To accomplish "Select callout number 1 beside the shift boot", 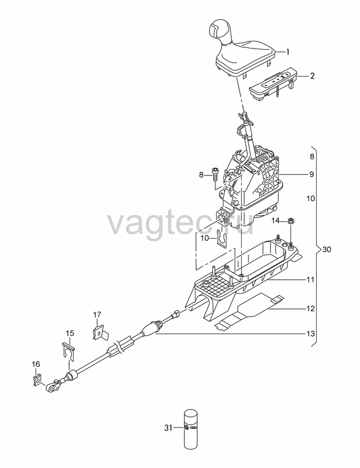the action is point(287,52).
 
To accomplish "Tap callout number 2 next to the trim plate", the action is point(312,76).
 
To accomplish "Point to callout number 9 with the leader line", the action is point(311,174).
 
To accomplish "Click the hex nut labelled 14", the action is point(290,221).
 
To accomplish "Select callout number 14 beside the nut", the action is point(276,221).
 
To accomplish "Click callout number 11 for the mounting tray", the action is point(311,280).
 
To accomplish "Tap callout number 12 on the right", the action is point(311,308).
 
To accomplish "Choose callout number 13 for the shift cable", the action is point(311,333).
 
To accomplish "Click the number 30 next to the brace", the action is point(327,249).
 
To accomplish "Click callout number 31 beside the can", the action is point(168,428).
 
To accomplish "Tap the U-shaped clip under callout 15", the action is point(68,352).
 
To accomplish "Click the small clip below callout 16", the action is point(37,380).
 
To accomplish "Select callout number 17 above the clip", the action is point(97,315).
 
